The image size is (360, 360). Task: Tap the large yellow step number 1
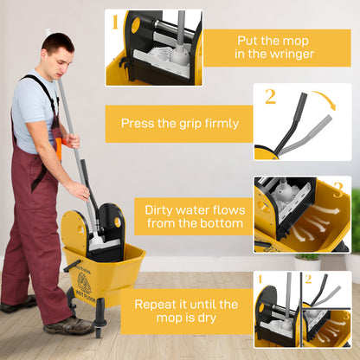point(114,22)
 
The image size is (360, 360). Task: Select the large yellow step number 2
point(270,95)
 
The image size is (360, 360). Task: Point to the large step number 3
point(337,190)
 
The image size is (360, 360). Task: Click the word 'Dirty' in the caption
point(164,210)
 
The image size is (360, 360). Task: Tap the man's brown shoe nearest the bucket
point(69,325)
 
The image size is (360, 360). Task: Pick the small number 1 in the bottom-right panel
point(260,279)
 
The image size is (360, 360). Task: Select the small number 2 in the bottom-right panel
point(309,279)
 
